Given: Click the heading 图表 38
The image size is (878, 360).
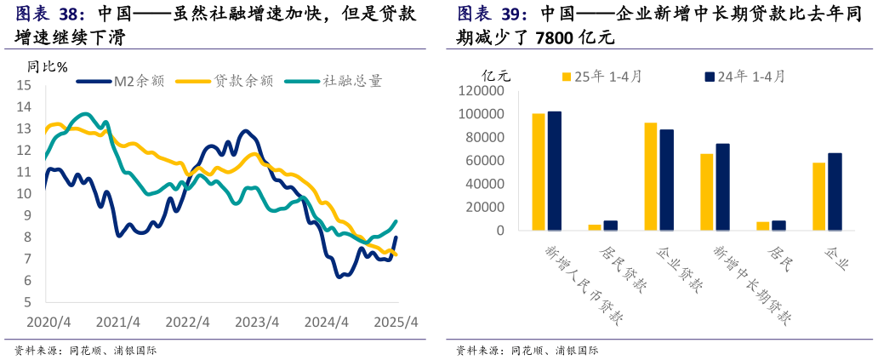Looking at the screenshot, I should click(50, 14).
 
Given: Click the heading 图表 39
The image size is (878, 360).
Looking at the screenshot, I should click(492, 14).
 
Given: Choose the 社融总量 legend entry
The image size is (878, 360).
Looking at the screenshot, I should click(333, 81).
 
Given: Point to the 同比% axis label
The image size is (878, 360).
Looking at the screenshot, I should click(47, 66).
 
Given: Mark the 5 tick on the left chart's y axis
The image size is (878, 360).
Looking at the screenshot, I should click(26, 302).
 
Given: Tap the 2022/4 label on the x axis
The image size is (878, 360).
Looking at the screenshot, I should click(187, 323).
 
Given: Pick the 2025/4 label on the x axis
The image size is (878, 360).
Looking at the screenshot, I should click(396, 323).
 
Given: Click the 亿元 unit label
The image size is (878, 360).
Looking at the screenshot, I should click(497, 75).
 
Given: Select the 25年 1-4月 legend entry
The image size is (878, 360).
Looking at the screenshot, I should click(601, 77).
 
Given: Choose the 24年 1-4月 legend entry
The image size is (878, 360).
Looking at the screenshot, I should click(744, 77).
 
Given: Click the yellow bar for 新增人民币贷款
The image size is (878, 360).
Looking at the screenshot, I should click(538, 172).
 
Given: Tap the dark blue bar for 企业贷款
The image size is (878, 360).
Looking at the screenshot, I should click(667, 180).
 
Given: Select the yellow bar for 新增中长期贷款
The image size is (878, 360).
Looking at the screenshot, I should click(706, 191).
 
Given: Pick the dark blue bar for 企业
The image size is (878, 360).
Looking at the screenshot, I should click(835, 191).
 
